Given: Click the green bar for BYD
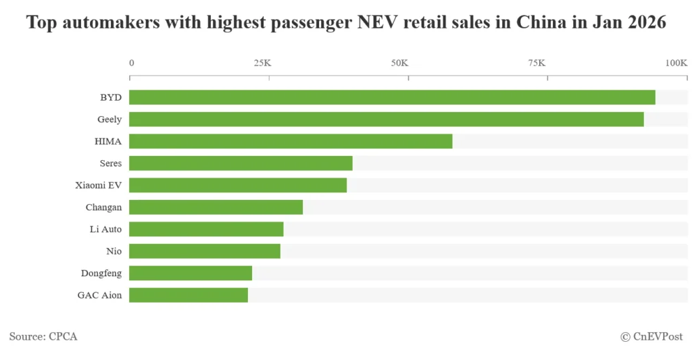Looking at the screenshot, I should tap(392, 97).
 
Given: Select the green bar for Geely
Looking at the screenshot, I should tap(386, 120).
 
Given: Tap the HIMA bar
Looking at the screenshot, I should tap(291, 141).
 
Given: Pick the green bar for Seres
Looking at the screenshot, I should tap(241, 163).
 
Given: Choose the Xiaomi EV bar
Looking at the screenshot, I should tap(238, 185).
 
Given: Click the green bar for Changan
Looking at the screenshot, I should tap(216, 207).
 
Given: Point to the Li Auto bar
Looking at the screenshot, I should tap(206, 229).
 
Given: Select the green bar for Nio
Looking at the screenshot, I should tap(205, 251).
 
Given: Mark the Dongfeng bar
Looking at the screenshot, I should tap(191, 273).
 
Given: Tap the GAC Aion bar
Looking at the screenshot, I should tap(189, 295).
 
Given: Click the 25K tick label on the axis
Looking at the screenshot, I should tap(262, 63).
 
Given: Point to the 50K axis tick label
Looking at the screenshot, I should tap(399, 63).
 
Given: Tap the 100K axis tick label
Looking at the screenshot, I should tap(676, 63).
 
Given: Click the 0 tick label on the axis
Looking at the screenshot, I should tap(132, 63).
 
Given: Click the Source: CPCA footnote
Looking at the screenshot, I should tap(43, 336).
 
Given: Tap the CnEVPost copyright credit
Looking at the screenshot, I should tap(651, 336).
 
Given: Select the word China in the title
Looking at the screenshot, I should tap(541, 23).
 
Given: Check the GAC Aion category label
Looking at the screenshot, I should tap(99, 295).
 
